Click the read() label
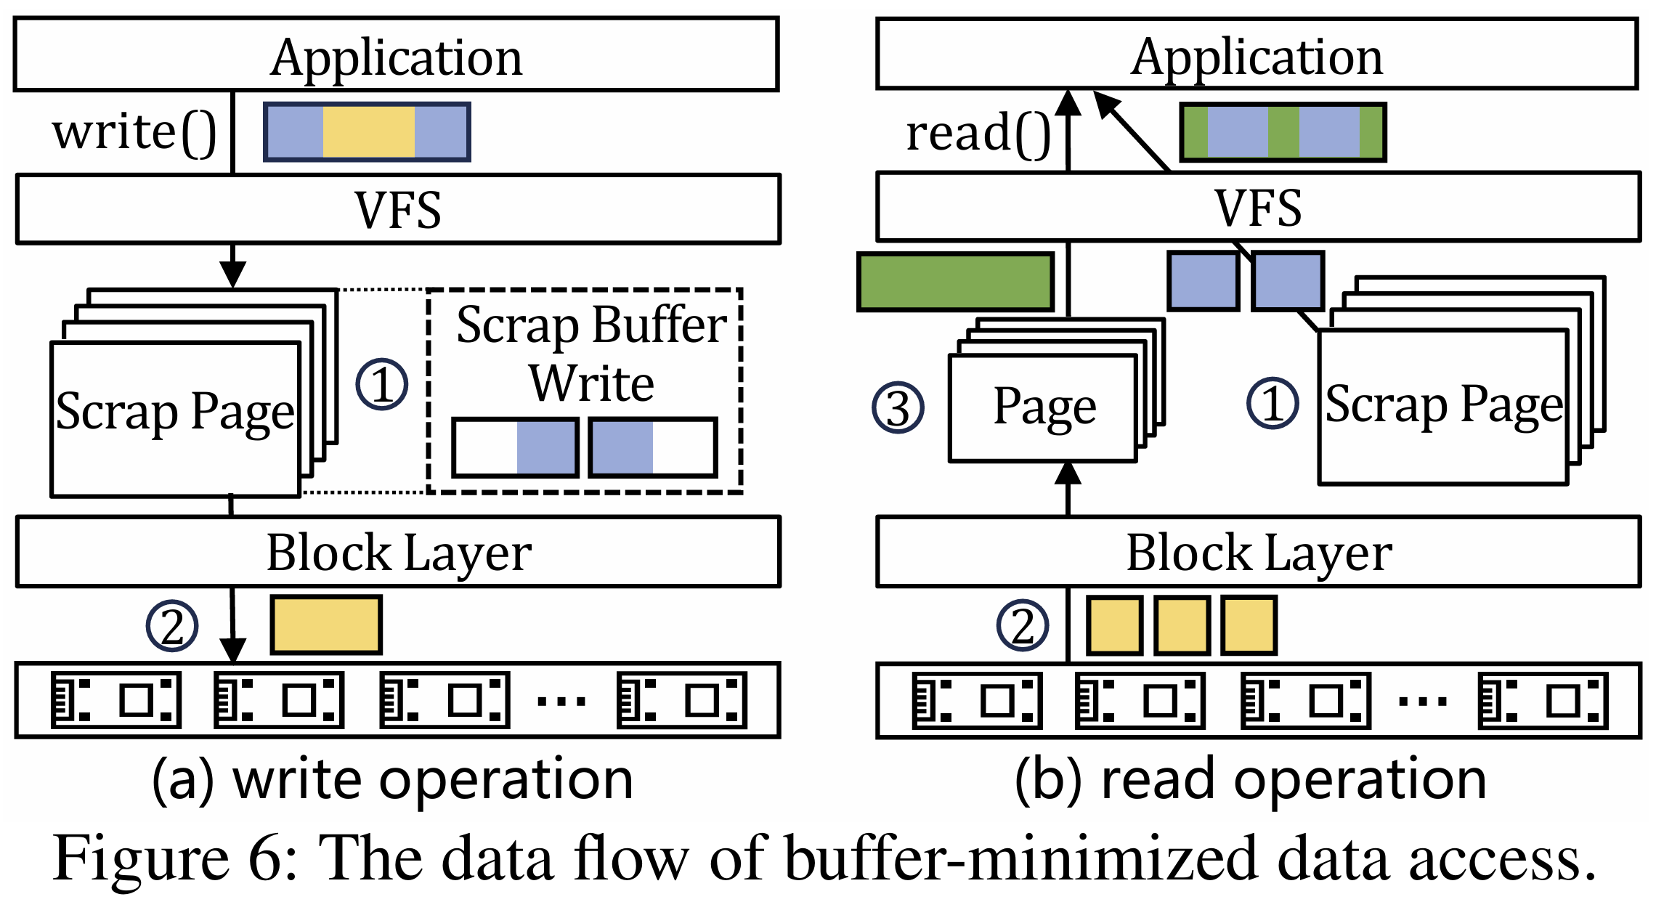click(x=978, y=134)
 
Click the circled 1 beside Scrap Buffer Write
click(x=382, y=384)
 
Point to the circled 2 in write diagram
click(x=172, y=625)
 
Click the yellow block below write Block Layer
click(x=326, y=625)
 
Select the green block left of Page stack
click(x=956, y=282)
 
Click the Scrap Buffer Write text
click(x=591, y=354)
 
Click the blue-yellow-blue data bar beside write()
click(x=367, y=131)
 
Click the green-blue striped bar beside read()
click(x=1283, y=132)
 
